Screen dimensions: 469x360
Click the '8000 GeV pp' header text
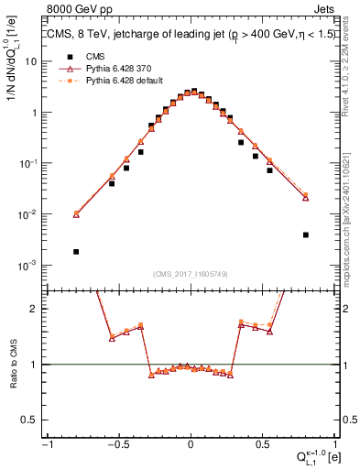(80, 10)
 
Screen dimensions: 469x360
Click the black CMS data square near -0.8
(76, 251)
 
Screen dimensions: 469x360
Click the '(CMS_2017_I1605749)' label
(191, 275)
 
